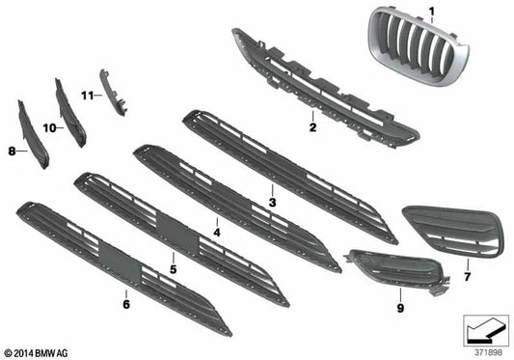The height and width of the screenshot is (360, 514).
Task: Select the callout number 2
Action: pyautogui.click(x=311, y=126)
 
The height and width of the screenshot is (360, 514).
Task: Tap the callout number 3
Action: pyautogui.click(x=273, y=203)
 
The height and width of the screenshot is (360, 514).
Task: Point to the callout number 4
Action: pyautogui.click(x=217, y=233)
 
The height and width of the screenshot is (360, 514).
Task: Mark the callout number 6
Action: pyautogui.click(x=125, y=303)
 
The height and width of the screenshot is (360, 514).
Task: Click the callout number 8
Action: pyautogui.click(x=13, y=151)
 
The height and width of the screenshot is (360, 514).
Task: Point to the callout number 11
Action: pyautogui.click(x=87, y=95)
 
